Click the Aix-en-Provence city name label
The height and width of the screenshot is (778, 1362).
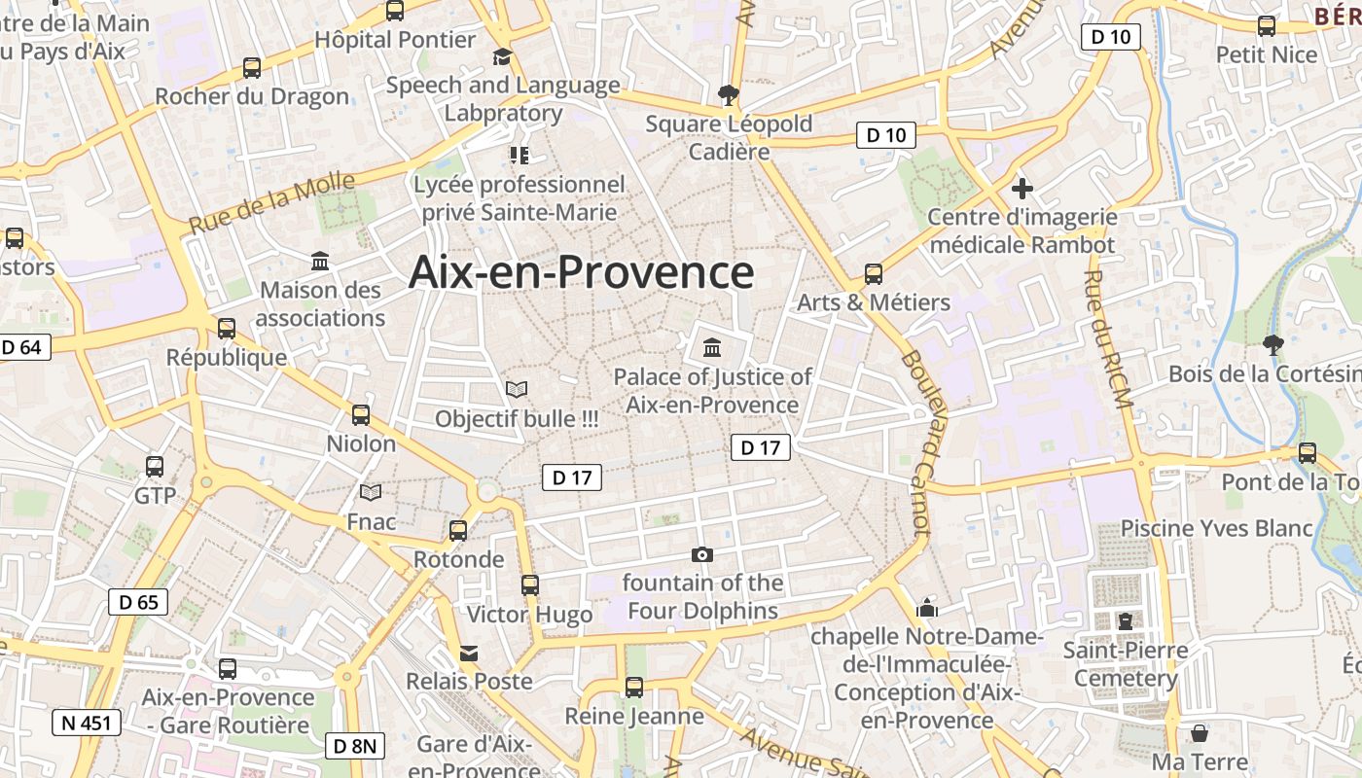pos(581,272)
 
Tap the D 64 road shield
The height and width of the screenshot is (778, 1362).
pos(23,347)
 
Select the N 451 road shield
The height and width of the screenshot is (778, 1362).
pos(87,723)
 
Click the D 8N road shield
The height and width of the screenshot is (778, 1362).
pos(355,746)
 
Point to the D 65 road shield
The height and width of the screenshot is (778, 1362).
pos(137,602)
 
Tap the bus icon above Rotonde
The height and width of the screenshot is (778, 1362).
pos(458,531)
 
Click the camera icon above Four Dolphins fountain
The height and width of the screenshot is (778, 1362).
pos(701,555)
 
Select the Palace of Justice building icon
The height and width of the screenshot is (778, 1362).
pos(712,347)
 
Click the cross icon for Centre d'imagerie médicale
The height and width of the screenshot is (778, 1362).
pos(1021,189)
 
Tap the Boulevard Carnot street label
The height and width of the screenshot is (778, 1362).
pos(915,442)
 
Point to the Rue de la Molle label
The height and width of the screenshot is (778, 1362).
pos(258,202)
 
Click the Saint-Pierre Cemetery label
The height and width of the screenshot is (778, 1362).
pos(1126,663)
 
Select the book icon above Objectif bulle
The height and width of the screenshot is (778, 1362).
pos(517,390)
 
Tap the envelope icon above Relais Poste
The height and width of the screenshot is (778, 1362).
pos(469,653)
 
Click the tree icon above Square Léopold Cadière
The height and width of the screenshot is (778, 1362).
pos(728,94)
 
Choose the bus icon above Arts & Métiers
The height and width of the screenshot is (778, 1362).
pos(874,274)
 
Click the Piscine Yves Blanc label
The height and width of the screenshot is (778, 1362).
pos(1216,528)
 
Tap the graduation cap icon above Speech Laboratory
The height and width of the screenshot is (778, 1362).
pos(502,57)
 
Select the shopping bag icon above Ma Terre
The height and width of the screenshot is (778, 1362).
pos(1200,732)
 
